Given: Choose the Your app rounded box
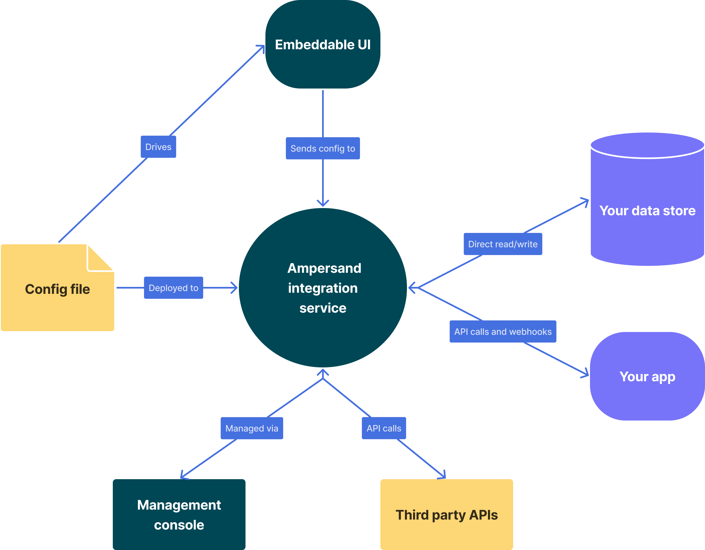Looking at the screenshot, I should point(647,376).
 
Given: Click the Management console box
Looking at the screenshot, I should point(179,515).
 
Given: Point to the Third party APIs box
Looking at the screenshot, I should point(446,515).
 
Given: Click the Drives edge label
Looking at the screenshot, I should point(158,147).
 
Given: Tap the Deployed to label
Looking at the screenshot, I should point(173,288).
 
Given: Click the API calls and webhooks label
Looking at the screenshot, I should point(503,332).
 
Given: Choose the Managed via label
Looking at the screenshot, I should point(252,428).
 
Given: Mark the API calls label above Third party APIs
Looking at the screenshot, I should point(383,428).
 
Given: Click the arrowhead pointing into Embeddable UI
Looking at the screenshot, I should point(262,48).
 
